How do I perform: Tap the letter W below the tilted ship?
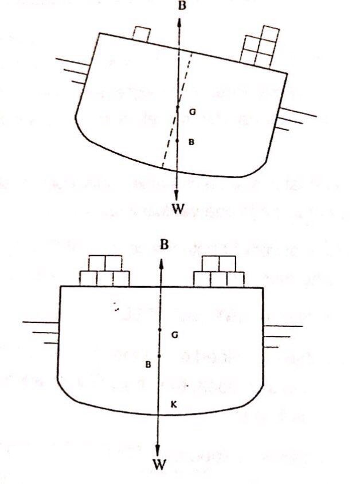pos(179,209)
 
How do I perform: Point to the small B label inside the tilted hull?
pos(191,142)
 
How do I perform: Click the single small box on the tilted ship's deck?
pos(140,33)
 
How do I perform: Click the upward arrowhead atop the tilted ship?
pos(179,21)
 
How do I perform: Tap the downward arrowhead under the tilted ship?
pos(178,194)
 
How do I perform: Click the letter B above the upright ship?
pos(164,244)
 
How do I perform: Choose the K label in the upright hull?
pos(174,405)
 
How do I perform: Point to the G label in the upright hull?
pos(174,334)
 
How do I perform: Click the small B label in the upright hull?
pos(148,364)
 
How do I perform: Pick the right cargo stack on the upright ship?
pos(221,272)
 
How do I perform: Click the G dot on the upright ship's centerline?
pos(160,331)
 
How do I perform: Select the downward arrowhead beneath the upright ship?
pos(160,448)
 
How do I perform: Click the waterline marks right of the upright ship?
pos(281,335)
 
